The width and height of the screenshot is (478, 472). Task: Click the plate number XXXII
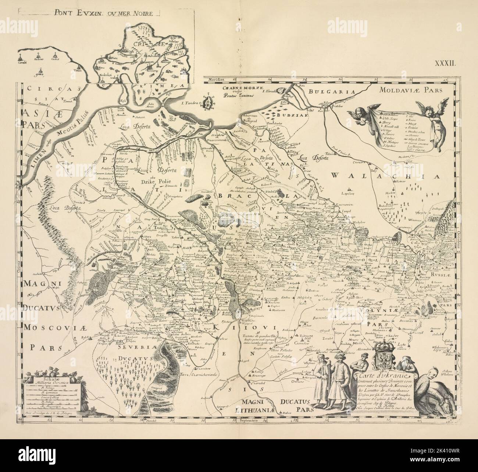446,63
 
